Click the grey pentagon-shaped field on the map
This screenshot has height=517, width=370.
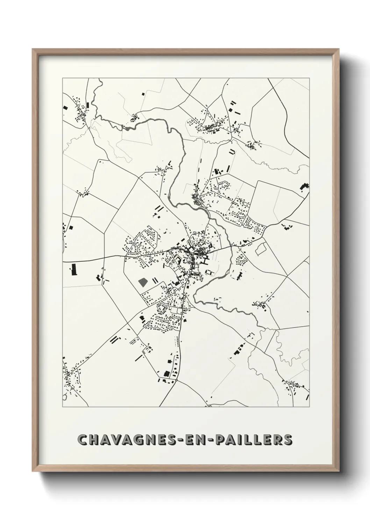[x=143, y=282]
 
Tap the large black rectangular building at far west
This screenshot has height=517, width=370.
[x=73, y=269]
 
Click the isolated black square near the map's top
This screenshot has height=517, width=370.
[x=143, y=94]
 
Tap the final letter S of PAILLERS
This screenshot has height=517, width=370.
[x=287, y=439]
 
